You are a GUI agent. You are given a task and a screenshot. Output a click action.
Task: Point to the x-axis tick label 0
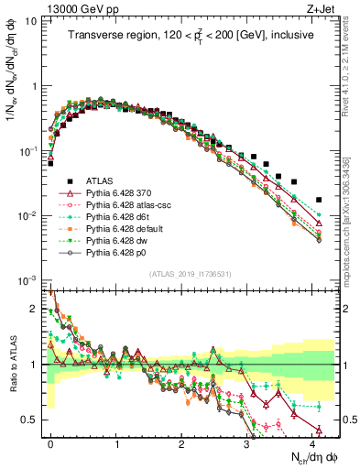pos(51,442)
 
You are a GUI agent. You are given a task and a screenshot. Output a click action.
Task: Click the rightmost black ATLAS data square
pos(318,199)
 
